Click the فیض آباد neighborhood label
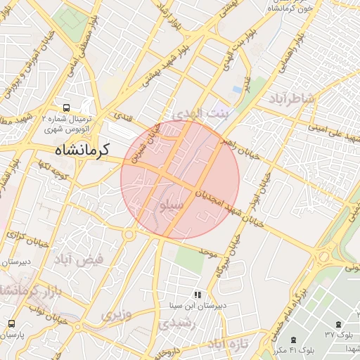[79, 259]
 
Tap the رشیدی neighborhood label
[172, 323]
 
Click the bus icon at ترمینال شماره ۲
[66, 108]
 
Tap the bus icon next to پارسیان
[11, 323]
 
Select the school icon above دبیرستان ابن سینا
[197, 294]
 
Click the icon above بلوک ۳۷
[340, 323]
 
